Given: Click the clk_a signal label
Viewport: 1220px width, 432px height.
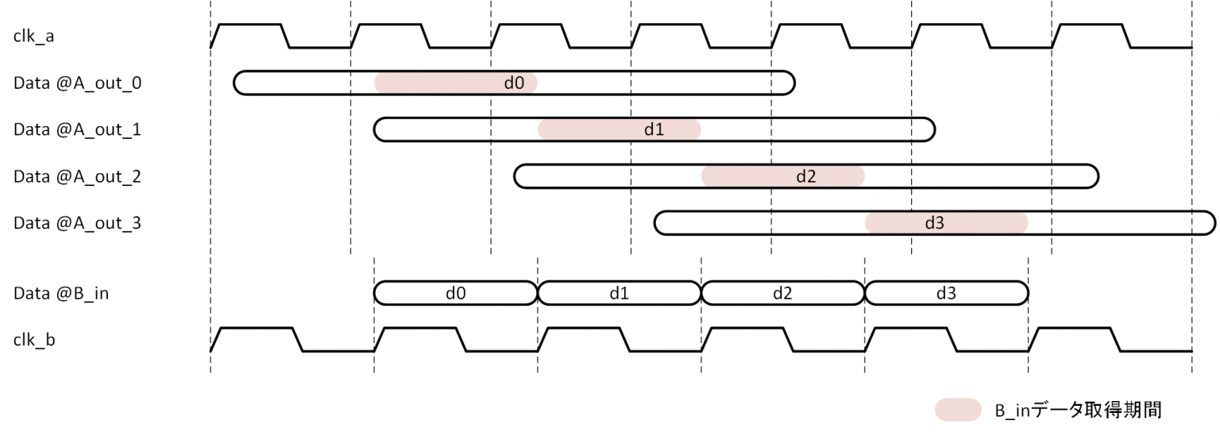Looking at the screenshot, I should coord(33,37).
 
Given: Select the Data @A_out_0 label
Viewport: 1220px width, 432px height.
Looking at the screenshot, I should coord(77,83).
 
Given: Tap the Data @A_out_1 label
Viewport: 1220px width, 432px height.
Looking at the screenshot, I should coord(77,129).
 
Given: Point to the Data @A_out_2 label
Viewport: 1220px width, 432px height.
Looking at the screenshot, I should coord(77,176).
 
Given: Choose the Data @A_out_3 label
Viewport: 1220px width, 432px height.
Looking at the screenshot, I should coord(77,223).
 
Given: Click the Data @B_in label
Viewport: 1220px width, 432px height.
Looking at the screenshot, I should coord(61,293).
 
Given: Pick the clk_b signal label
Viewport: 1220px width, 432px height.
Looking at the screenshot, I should coord(34,340).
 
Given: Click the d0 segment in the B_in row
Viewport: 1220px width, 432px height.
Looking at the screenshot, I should coord(455,293).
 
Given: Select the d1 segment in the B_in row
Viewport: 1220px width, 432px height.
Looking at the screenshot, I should coord(620,293).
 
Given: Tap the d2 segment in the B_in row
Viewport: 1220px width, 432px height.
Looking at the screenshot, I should coord(783,293).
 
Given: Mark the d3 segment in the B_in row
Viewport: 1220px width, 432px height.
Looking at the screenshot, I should coord(946,293).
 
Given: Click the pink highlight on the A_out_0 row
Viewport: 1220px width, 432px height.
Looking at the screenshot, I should coord(455,83).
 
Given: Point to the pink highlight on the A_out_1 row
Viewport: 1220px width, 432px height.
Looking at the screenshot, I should coord(620,129).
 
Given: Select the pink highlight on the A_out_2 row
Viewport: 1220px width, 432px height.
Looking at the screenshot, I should coord(783,176).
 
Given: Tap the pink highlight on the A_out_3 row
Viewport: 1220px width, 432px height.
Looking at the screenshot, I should coord(946,223).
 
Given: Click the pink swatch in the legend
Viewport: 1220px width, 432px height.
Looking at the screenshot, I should coord(957,410).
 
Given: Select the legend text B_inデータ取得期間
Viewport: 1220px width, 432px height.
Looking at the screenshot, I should coord(1079,410).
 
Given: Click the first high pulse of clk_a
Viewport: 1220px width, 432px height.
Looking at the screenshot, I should coord(249,26).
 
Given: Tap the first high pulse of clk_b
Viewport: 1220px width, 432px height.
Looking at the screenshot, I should coord(257,329).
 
